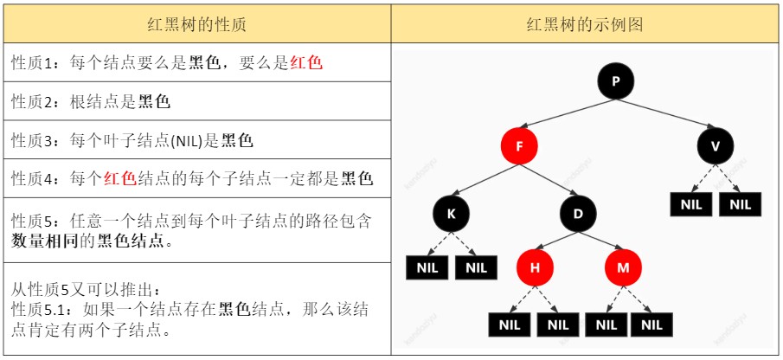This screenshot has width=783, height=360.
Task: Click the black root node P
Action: [616, 82]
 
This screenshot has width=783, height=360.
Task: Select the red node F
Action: [519, 146]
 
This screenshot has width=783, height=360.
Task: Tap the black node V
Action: [715, 146]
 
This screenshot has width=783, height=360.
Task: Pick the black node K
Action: [452, 212]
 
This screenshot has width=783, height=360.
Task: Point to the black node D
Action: [578, 212]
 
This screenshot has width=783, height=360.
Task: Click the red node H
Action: [535, 268]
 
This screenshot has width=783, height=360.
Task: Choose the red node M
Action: [623, 268]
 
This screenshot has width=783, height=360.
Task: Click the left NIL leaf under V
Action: [690, 205]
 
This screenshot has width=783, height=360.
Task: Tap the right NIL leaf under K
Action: [477, 267]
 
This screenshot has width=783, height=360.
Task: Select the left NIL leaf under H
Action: [510, 325]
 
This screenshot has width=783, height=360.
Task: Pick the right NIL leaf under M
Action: [651, 325]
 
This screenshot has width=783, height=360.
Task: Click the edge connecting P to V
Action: [665, 114]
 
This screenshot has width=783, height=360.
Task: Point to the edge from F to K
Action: [485, 179]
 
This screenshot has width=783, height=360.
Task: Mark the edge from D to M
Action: [600, 241]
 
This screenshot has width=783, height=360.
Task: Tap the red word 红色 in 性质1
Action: [306, 63]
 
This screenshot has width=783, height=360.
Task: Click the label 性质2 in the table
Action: [33, 102]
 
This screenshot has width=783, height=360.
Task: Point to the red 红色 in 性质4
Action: [120, 179]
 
